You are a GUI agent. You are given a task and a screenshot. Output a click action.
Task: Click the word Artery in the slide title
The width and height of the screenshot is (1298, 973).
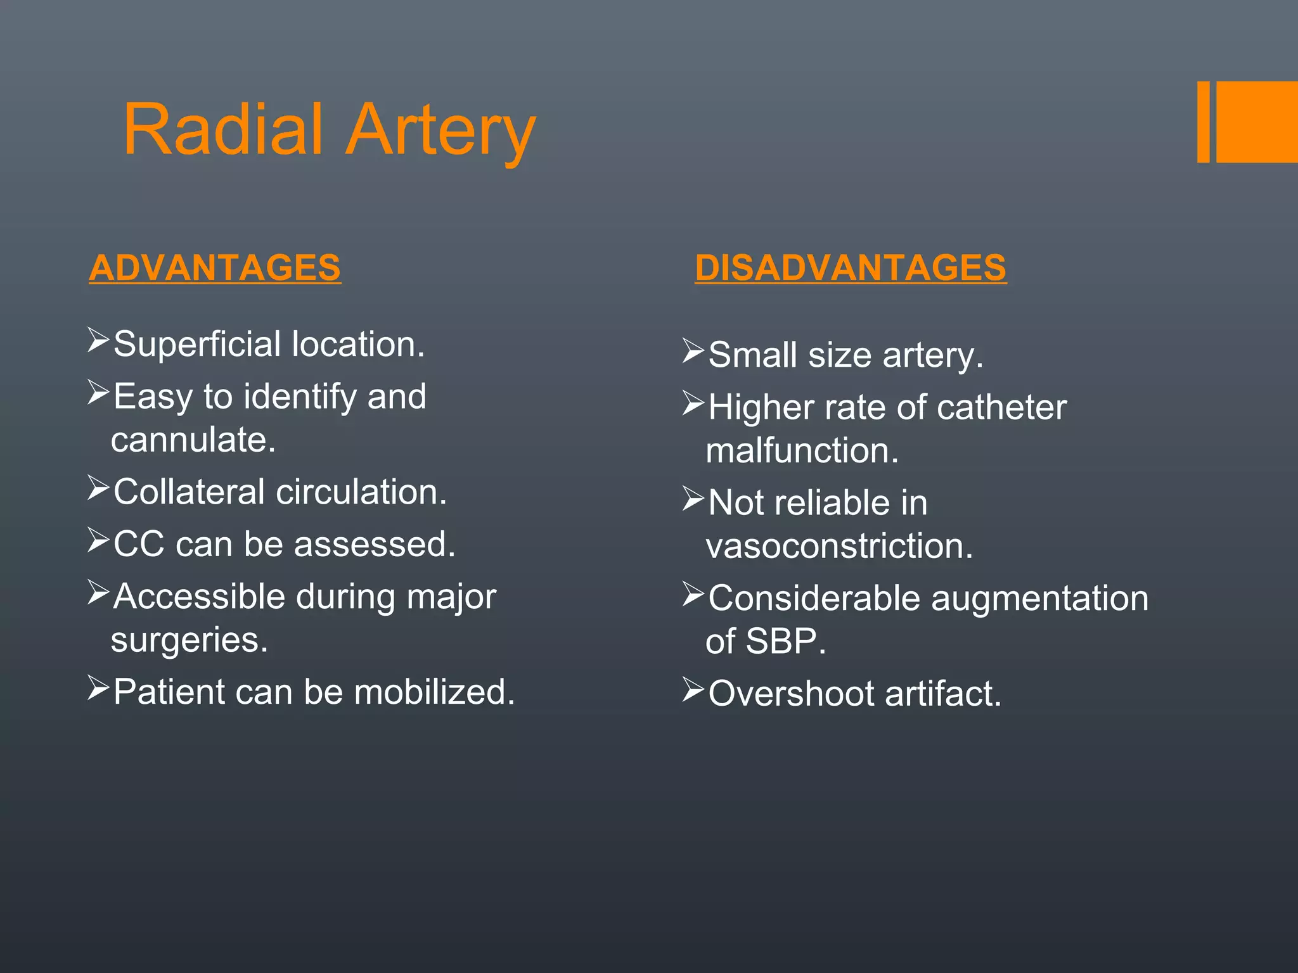click(x=442, y=132)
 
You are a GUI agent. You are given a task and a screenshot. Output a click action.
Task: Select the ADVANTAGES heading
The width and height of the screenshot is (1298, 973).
click(x=215, y=267)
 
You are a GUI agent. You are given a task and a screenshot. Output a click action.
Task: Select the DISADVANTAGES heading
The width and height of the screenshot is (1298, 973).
click(x=851, y=267)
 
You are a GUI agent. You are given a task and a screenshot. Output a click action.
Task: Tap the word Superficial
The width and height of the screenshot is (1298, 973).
click(x=196, y=345)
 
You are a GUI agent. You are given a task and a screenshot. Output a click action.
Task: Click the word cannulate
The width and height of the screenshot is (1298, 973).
click(x=193, y=440)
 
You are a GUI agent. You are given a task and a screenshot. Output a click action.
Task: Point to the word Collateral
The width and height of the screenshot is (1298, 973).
click(x=189, y=492)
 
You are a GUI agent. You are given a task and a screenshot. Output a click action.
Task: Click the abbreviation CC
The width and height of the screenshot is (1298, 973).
click(x=139, y=544)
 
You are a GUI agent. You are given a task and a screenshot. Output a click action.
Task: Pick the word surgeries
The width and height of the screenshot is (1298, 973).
click(x=190, y=640)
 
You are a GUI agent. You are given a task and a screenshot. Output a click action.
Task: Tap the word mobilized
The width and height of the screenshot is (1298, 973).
click(x=434, y=692)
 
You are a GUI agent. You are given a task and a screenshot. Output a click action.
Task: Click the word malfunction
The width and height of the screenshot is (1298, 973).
click(x=802, y=451)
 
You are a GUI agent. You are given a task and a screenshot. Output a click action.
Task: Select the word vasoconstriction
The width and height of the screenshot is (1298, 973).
click(x=839, y=546)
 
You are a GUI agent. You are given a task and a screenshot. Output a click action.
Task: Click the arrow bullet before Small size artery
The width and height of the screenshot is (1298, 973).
click(x=693, y=351)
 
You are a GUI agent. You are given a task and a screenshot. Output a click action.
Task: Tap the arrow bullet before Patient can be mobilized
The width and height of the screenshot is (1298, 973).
click(x=99, y=688)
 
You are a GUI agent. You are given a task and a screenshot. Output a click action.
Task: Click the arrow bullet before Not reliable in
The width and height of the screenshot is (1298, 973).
click(x=693, y=499)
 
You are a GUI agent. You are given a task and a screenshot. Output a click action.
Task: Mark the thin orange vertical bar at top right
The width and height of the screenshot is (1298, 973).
click(x=1203, y=122)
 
